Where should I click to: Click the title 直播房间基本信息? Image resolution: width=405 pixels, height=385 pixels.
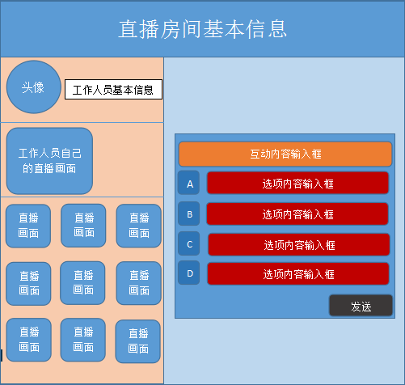(202, 29)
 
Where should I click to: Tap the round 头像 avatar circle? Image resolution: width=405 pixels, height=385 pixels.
(34, 87)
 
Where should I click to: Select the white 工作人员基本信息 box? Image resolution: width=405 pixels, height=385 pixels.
(113, 90)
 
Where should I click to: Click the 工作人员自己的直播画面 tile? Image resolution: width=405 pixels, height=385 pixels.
(49, 161)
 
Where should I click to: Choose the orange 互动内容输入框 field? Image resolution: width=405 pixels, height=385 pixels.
(285, 154)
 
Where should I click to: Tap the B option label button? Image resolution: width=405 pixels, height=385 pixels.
(189, 214)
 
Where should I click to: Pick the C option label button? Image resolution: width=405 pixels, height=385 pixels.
(189, 243)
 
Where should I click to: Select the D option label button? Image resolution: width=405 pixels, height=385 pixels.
(189, 273)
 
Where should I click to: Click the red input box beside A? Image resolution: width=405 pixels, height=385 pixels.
(297, 183)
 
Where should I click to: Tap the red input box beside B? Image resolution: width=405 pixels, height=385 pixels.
(297, 214)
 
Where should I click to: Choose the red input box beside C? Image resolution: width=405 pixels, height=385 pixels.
(299, 244)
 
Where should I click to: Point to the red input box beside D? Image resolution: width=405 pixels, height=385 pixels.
(298, 273)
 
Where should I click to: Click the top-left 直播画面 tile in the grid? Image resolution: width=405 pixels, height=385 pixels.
(28, 226)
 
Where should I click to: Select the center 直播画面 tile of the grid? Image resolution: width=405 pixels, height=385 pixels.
(82, 283)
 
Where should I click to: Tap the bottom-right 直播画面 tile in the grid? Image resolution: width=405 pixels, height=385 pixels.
(138, 341)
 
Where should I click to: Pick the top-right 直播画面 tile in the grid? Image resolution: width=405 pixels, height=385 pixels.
(139, 226)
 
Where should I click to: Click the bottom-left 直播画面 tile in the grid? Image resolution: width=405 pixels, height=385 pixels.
(29, 340)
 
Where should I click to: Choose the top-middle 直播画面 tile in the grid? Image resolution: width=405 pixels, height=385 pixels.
(83, 226)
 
